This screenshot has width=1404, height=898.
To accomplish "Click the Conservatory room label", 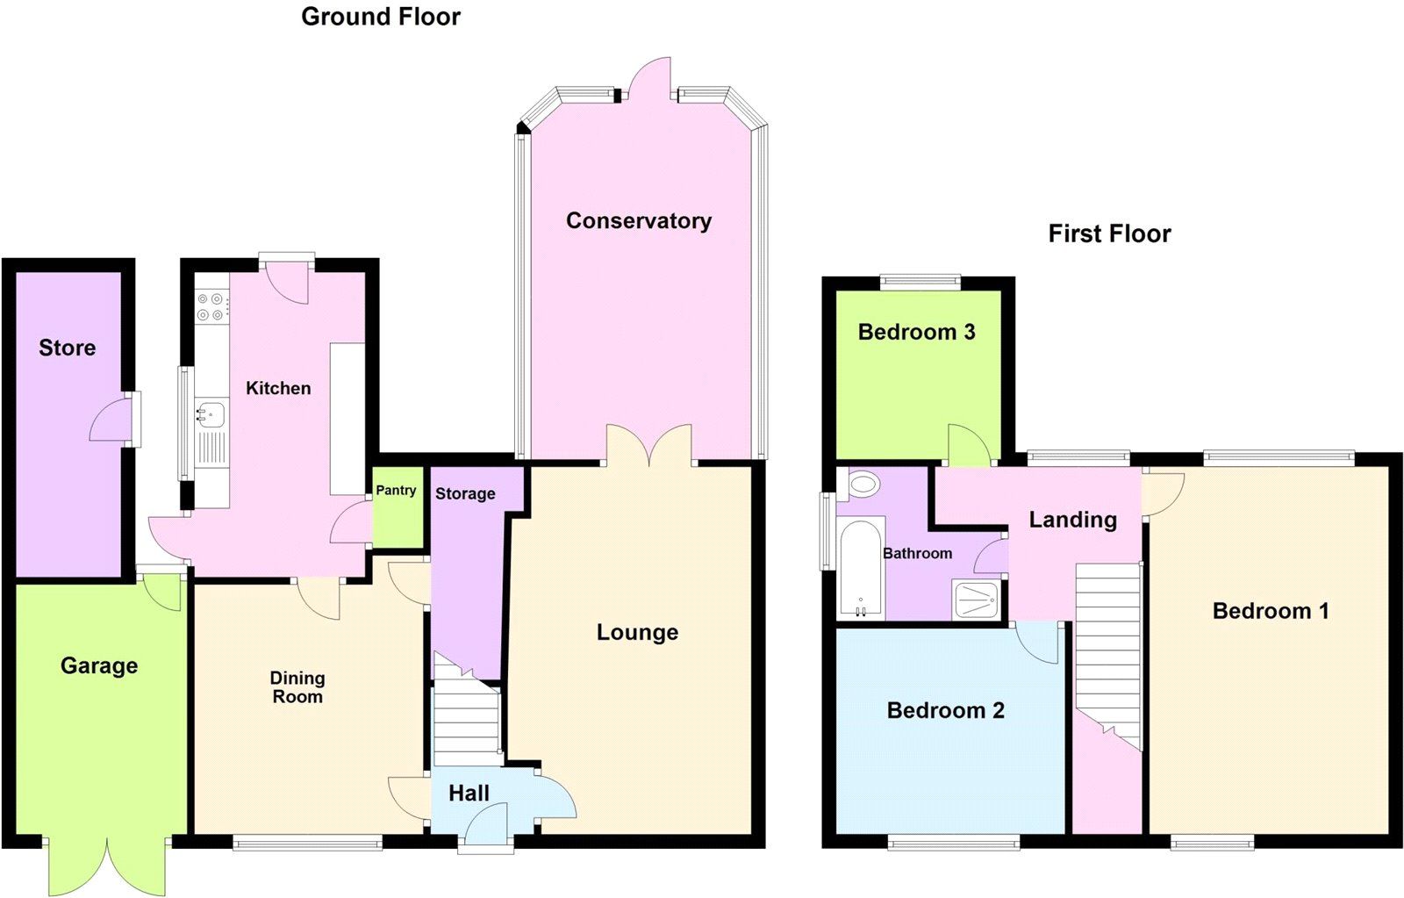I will point(638,220).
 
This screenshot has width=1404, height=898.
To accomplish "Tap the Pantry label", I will point(396,491).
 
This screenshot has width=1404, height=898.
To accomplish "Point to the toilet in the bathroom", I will point(864,484).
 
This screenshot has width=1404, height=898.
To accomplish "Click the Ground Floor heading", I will point(380,17).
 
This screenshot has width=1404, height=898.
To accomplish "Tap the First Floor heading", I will point(1109,233).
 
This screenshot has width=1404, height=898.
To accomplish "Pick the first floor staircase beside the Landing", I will point(1107,650).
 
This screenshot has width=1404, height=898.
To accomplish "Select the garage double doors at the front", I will point(107,865).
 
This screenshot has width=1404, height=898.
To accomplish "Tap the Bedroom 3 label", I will point(916,332).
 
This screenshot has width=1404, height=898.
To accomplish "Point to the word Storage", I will point(465,493).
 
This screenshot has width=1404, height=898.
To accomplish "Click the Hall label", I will point(469,794).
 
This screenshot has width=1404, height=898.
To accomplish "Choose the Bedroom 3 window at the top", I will point(920,282).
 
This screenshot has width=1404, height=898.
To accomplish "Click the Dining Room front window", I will point(307,843).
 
